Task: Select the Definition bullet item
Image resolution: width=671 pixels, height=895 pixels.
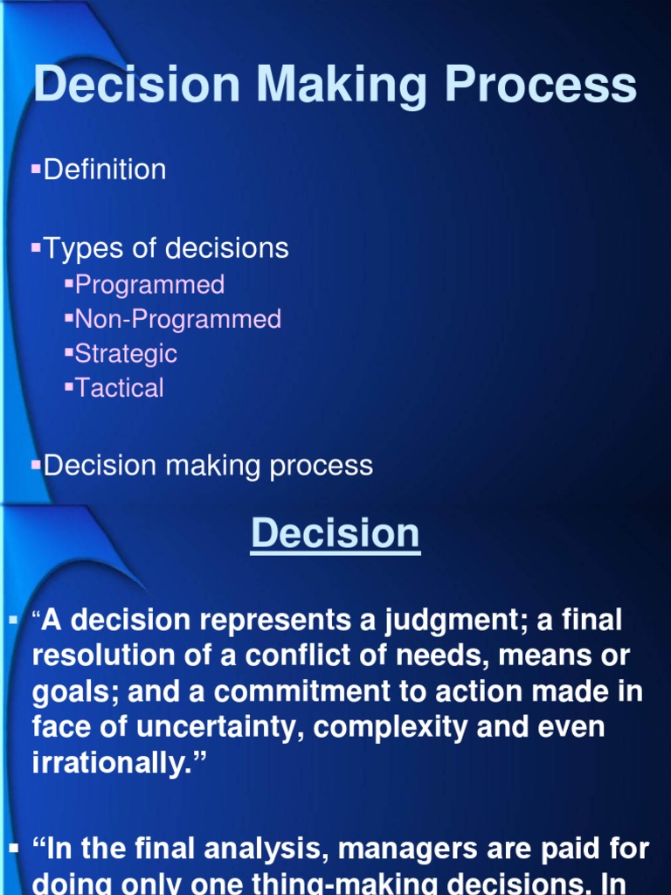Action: point(105,170)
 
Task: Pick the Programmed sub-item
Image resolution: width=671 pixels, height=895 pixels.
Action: point(149,284)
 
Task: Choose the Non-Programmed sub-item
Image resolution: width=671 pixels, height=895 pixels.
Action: point(178,319)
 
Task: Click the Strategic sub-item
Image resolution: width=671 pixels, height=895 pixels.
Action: point(126,353)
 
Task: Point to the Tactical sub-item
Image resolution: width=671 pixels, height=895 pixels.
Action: point(120,388)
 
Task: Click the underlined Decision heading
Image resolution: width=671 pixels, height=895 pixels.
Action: point(335,533)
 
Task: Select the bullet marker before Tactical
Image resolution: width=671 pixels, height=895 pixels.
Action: point(69,385)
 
